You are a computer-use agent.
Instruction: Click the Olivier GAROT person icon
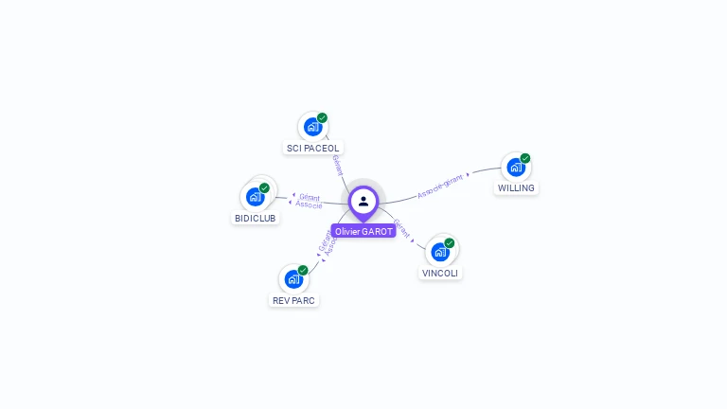coord(363,201)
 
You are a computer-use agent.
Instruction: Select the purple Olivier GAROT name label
coord(363,231)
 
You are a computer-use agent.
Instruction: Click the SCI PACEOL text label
coord(312,148)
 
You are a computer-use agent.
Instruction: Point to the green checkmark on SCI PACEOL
coord(322,118)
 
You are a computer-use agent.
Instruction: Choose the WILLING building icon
coord(515,167)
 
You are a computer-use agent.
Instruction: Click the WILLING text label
coord(516,187)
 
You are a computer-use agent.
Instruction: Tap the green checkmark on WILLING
coord(525,158)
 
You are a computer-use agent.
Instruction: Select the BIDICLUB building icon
coord(255,196)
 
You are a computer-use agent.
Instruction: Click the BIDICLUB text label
coord(256,218)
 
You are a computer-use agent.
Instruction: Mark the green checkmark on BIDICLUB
coord(264,187)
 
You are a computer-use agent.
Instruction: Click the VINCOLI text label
coord(440,273)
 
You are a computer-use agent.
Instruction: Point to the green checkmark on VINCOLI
coord(450,243)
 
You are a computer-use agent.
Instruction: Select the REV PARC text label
coord(293,300)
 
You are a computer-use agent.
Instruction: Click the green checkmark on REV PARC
coord(303,270)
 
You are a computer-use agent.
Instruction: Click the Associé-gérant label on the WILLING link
coord(441,186)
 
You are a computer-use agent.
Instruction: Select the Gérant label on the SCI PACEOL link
coord(338,165)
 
